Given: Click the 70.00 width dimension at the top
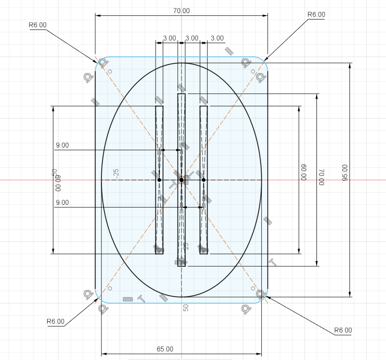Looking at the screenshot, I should pos(181,11).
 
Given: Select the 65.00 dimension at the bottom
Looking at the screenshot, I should pos(165,349).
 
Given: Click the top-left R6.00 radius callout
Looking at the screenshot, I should pos(37,25).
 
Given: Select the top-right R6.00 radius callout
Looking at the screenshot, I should pos(316,15).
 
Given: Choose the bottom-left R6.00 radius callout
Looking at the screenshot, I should pos(56,322).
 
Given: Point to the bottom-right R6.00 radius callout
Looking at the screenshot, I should pos(343,330).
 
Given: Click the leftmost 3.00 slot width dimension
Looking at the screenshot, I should pos(169,38).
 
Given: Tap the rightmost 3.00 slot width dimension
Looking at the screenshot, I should pos(217,38).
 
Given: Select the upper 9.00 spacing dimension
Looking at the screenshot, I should pos(62,145).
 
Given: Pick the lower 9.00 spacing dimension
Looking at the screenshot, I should pos(62,203).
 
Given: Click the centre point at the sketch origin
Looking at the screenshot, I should pos(181,180).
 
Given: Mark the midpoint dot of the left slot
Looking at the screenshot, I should pos(159,180).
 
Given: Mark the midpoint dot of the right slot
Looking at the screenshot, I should pos(204,180).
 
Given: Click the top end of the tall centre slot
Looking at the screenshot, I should pos(182,94).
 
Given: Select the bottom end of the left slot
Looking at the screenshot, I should pos(159,254).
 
